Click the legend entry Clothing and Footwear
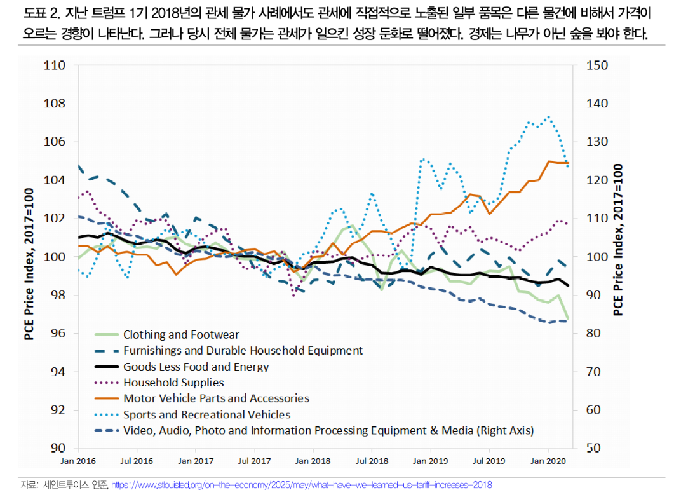(x=180, y=334)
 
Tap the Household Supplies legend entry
(x=173, y=383)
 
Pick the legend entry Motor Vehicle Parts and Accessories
(x=216, y=398)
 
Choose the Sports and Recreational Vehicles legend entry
(x=206, y=414)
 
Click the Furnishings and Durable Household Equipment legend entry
(x=243, y=350)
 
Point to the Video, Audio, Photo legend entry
(x=328, y=430)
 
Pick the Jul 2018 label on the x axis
(x=371, y=460)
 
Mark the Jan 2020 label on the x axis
(x=548, y=460)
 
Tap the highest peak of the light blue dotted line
(x=548, y=117)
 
